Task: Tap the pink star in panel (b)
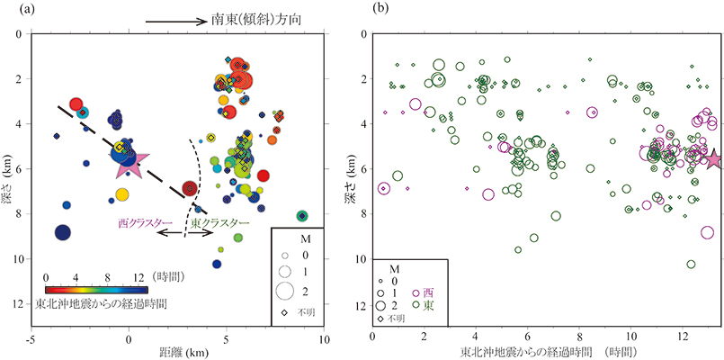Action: point(712,159)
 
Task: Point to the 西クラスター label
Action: point(142,221)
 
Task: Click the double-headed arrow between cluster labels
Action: point(185,233)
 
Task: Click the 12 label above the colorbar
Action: point(137,277)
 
